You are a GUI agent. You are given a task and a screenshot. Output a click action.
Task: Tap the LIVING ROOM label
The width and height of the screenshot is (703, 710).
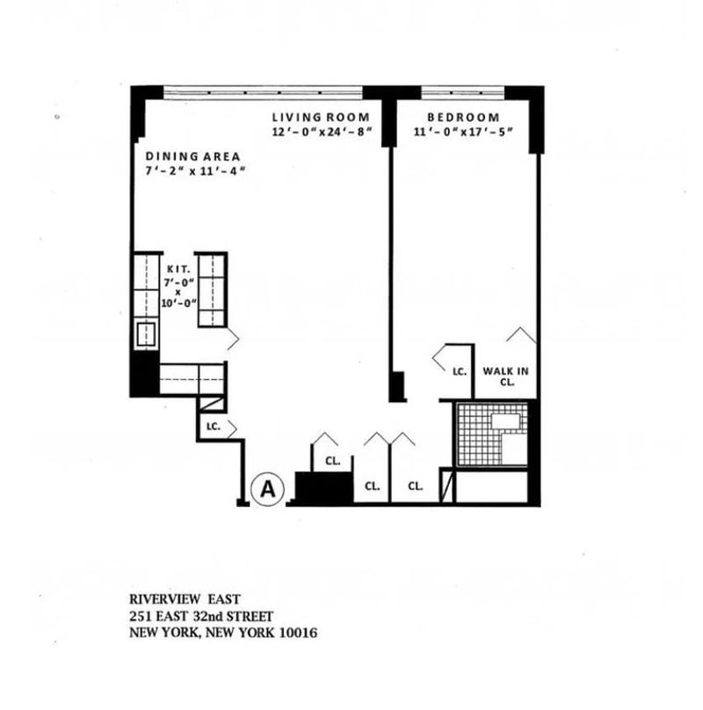coord(321,117)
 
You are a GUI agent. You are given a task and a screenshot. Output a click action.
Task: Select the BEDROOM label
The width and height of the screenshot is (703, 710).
coord(463,117)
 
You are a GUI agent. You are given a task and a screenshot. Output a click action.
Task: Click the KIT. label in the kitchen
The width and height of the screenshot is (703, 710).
coord(177,266)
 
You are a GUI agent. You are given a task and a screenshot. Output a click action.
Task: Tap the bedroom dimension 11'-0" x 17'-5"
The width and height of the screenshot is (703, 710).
coord(464,132)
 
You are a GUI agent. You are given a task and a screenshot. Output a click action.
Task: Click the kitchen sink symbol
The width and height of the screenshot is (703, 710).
coord(146,334)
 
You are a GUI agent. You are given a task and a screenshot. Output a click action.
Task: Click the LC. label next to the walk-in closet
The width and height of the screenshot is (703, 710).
coord(459,372)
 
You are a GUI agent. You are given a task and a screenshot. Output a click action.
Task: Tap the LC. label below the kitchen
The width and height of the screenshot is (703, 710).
coord(213,427)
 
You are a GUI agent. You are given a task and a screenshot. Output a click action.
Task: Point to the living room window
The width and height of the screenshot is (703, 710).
coord(264,90)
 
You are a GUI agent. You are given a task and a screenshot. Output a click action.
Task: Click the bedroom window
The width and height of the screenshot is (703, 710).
coord(461,90)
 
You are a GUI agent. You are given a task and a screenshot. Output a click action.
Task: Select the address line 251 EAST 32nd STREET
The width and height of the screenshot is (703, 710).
coord(201,617)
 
